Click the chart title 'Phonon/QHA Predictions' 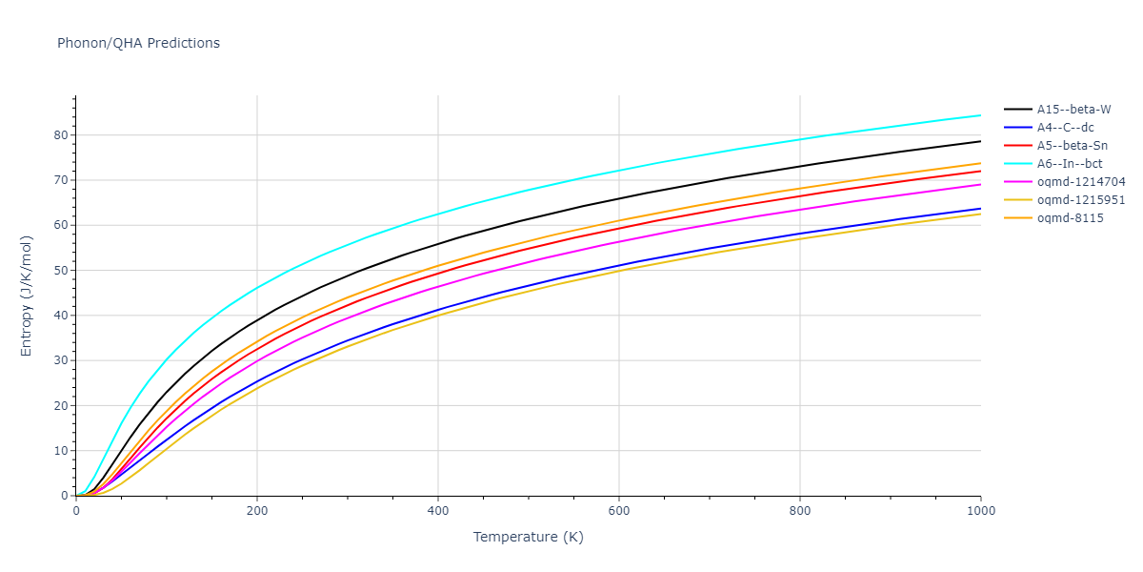[138, 43]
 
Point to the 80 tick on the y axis [63, 135]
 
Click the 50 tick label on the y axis [63, 271]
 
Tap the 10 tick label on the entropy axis [63, 451]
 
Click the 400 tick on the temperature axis [437, 511]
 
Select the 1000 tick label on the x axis [980, 511]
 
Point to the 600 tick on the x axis [618, 511]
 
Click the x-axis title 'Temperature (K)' [528, 537]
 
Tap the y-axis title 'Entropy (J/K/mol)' [27, 296]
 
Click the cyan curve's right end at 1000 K [980, 115]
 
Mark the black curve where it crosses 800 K [799, 166]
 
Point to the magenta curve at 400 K [437, 286]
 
